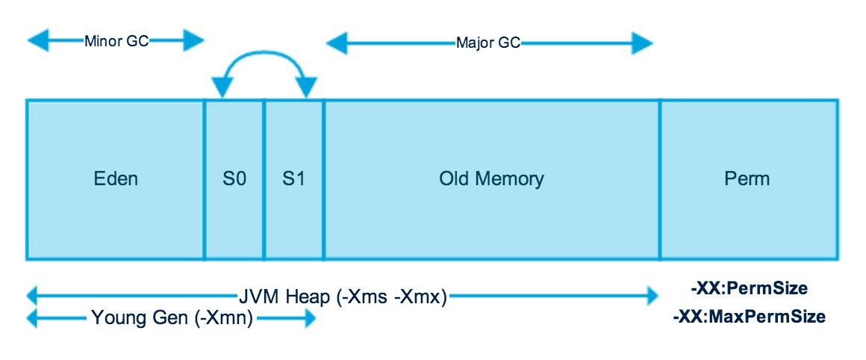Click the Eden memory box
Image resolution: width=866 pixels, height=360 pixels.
(115, 179)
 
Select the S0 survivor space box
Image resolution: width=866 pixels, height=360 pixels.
(234, 179)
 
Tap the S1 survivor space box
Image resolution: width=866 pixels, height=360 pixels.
(293, 179)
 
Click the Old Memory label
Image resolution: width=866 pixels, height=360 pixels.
(491, 179)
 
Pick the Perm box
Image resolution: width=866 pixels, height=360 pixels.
(748, 179)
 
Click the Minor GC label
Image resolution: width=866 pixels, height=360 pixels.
(116, 41)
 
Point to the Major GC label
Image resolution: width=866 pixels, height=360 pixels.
(488, 43)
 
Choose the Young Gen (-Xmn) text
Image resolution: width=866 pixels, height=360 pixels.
(172, 320)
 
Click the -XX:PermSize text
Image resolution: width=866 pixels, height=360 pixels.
(749, 288)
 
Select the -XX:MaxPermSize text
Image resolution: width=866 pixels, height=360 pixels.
(749, 317)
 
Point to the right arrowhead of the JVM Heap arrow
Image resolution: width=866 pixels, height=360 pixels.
(647, 297)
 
